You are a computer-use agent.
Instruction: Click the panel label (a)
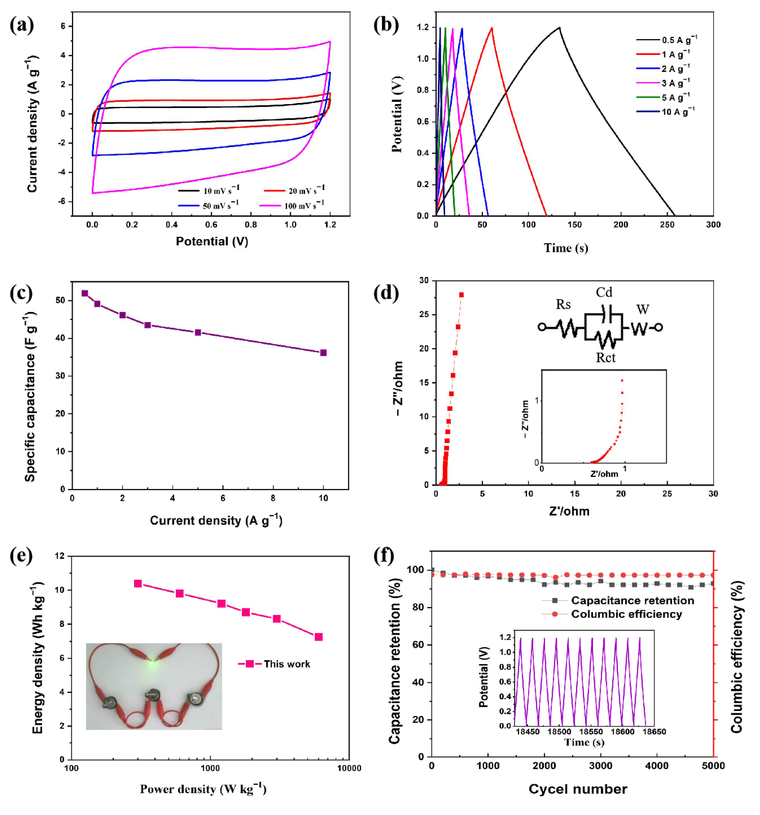coord(21,25)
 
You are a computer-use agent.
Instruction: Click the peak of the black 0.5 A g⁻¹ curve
coord(559,27)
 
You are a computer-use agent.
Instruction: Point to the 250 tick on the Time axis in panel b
coord(667,224)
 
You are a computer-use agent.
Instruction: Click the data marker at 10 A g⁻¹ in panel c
coord(323,353)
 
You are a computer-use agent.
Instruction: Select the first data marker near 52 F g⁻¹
coord(85,293)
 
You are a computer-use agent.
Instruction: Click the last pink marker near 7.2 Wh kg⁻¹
coord(318,637)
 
